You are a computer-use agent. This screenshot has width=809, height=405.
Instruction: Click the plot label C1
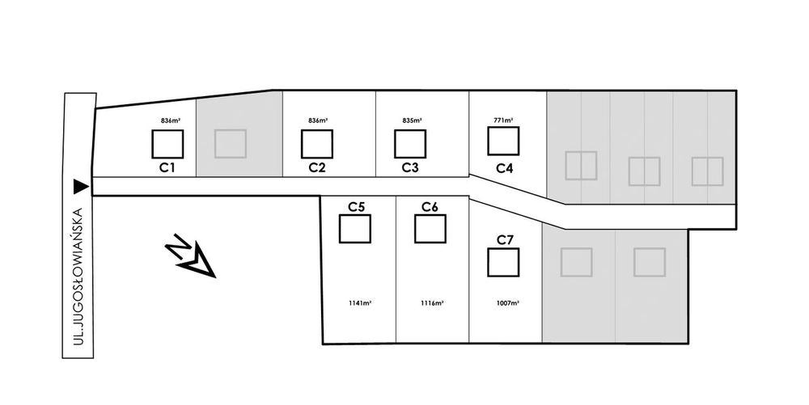click(x=167, y=168)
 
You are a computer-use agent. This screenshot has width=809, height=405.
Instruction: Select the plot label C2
click(x=317, y=168)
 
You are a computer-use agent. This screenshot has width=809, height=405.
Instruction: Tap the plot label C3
click(x=410, y=168)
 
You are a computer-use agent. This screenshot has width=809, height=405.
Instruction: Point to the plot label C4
click(x=504, y=168)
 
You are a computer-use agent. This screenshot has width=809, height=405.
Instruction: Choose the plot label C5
click(x=356, y=207)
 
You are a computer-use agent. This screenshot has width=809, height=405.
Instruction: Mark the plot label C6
click(x=430, y=207)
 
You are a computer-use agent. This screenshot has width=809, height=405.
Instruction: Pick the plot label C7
click(x=505, y=239)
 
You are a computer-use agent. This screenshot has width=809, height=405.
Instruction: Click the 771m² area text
click(x=503, y=120)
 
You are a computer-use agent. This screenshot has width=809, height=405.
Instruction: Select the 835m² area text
click(x=413, y=120)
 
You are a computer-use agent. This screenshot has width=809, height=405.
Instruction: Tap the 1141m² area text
click(x=360, y=303)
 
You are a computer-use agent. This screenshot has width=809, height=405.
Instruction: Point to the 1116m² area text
click(x=432, y=303)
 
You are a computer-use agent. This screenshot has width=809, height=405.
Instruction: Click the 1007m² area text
click(x=508, y=303)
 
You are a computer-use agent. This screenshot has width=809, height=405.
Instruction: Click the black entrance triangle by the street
click(x=80, y=187)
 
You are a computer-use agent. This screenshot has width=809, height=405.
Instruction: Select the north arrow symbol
click(x=190, y=255)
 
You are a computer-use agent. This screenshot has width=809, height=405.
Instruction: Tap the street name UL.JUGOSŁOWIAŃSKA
click(x=78, y=276)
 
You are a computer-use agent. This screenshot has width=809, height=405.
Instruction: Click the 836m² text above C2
click(x=318, y=120)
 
